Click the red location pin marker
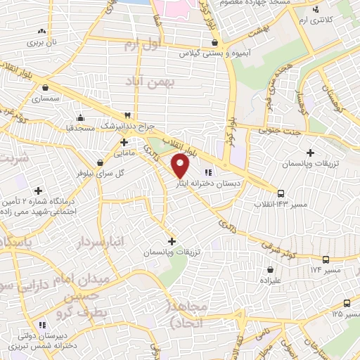[x=181, y=167]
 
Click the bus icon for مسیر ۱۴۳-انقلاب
[x=281, y=193]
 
